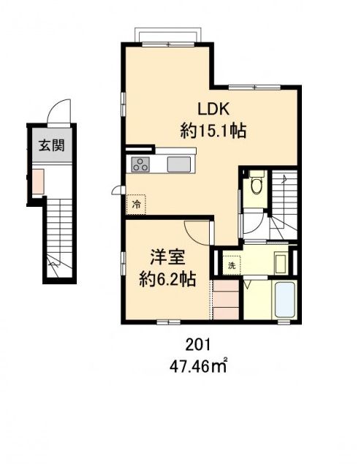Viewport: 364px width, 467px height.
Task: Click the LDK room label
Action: click(213, 109)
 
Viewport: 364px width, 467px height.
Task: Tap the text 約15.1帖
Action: click(213, 132)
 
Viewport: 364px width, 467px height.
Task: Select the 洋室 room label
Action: click(167, 258)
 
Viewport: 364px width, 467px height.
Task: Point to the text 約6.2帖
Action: click(167, 279)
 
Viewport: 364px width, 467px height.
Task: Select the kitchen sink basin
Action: click(180, 164)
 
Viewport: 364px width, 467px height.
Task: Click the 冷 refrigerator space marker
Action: click(136, 205)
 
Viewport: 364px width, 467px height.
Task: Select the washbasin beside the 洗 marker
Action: click(281, 262)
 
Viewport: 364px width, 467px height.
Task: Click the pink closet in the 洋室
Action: click(226, 300)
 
